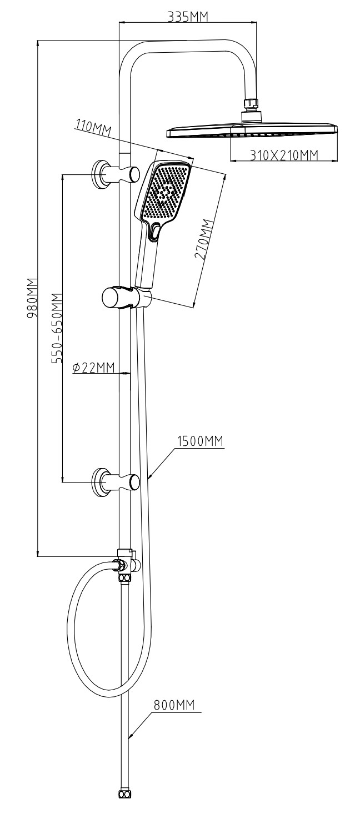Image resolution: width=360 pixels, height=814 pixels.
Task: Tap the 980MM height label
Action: (32, 298)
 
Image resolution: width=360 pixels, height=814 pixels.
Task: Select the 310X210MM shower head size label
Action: (284, 155)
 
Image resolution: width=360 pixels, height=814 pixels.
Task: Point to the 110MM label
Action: (93, 128)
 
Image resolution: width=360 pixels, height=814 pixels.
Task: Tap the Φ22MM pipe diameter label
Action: (93, 368)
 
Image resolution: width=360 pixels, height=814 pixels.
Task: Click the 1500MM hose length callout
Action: (200, 441)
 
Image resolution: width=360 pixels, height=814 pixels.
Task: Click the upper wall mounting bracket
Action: (116, 175)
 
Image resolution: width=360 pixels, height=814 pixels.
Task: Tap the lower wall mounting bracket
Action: (116, 482)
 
